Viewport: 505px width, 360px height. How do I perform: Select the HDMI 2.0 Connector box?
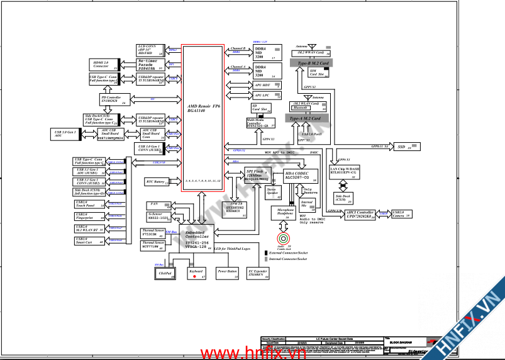(103, 64)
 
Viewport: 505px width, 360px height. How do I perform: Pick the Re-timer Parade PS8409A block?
(152, 64)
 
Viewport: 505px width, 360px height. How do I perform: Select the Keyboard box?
(195, 273)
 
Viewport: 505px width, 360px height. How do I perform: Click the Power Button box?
(227, 273)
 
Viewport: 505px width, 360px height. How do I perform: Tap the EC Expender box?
(258, 273)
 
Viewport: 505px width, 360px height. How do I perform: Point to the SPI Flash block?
(257, 174)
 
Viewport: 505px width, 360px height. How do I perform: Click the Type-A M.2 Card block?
(306, 118)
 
